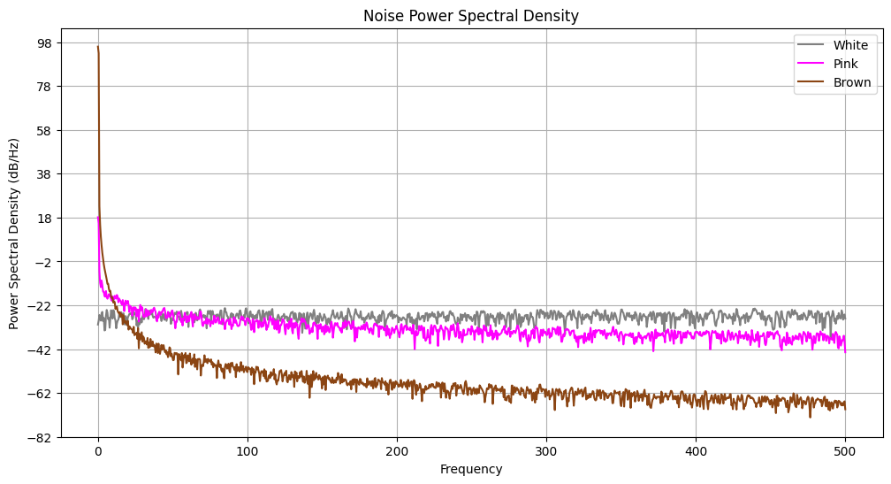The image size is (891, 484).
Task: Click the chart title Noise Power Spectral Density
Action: [470, 16]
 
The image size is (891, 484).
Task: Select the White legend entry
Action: [850, 45]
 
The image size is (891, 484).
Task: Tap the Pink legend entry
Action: [846, 64]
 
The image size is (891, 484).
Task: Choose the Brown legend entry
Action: [852, 83]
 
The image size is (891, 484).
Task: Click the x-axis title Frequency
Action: [470, 470]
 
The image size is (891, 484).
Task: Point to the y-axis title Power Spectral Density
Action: [14, 234]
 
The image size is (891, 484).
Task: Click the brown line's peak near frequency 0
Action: [98, 47]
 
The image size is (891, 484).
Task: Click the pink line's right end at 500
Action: [845, 351]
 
